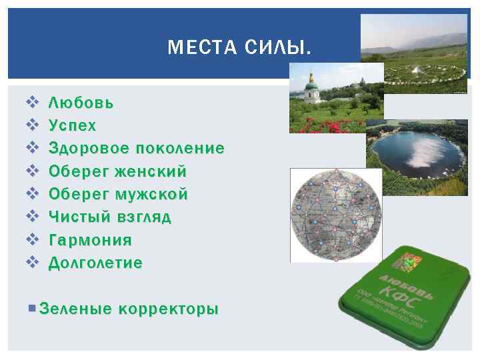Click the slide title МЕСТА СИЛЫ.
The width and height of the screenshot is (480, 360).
click(x=239, y=47)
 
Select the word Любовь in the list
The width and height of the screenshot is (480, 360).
click(x=81, y=103)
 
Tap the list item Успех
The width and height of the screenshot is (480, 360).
click(x=73, y=126)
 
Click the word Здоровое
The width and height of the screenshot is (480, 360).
click(x=89, y=149)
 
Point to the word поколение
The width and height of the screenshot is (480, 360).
click(x=179, y=149)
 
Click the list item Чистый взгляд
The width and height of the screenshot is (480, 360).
click(x=110, y=217)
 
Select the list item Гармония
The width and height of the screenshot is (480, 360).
click(x=91, y=239)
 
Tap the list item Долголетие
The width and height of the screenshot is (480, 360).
click(x=95, y=263)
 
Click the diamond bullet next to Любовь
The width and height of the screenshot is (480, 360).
click(x=30, y=103)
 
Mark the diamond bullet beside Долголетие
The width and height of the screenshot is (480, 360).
click(x=30, y=263)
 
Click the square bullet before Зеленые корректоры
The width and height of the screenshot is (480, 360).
click(x=33, y=309)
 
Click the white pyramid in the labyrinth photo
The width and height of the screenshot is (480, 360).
click(x=416, y=70)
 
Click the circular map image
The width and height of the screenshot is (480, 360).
click(x=335, y=215)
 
